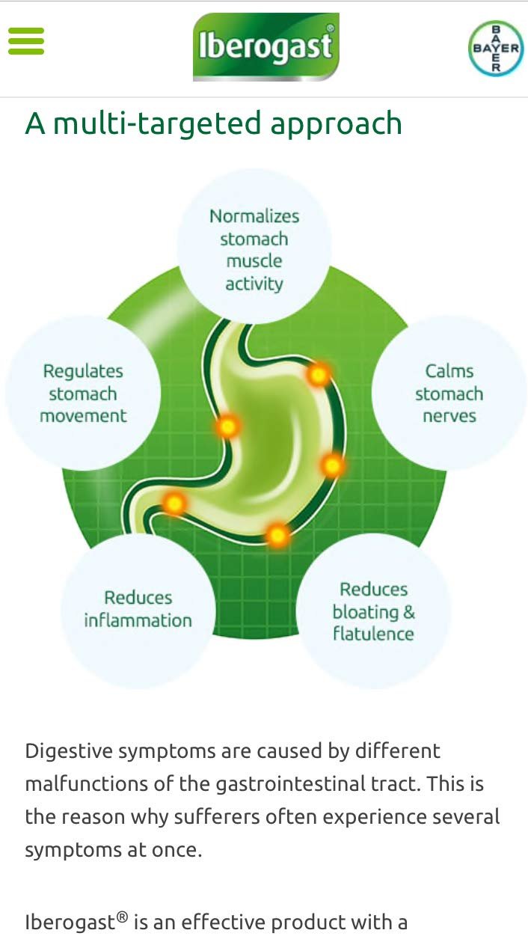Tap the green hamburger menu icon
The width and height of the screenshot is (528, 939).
click(26, 41)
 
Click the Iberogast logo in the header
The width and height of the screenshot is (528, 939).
click(265, 46)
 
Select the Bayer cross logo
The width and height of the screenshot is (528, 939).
click(496, 48)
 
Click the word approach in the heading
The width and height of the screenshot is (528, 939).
click(336, 124)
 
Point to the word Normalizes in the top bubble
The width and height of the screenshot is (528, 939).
click(254, 216)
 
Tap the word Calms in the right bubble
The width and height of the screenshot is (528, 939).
click(449, 371)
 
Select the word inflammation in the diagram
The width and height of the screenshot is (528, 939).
click(138, 620)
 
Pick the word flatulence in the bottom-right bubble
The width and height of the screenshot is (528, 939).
click(373, 634)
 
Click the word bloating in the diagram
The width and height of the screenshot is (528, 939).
click(366, 612)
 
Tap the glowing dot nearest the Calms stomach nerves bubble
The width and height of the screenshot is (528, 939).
click(319, 375)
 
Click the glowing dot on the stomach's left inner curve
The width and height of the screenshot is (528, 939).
click(228, 426)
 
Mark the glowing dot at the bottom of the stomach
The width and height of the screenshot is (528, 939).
click(277, 535)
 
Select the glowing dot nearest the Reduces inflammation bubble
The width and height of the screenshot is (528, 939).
click(174, 502)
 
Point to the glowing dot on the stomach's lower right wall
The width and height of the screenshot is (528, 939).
click(333, 465)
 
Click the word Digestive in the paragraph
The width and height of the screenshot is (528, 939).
click(69, 751)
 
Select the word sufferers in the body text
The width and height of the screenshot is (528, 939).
click(217, 817)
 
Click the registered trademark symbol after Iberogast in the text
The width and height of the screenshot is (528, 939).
click(121, 917)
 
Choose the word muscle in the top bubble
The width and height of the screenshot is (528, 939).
click(254, 261)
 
